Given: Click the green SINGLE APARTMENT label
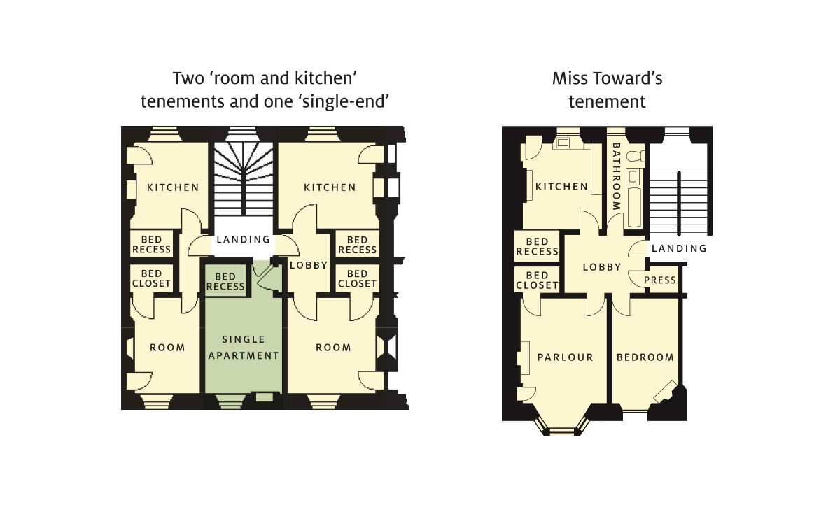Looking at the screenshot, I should [243, 347].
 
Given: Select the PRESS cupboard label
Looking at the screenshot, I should [660, 280].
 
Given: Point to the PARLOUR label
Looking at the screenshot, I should [565, 357].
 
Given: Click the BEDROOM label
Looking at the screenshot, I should [645, 357].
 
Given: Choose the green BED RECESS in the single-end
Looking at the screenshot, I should [225, 282].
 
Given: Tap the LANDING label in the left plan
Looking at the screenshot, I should [243, 240].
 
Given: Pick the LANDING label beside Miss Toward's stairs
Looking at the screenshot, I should [679, 248].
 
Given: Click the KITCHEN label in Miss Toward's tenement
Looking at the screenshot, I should [561, 187].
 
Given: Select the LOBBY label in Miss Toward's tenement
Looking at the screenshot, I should [602, 267].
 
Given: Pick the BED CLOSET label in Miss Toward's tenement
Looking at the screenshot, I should [537, 280].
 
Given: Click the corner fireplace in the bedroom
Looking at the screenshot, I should [665, 391].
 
